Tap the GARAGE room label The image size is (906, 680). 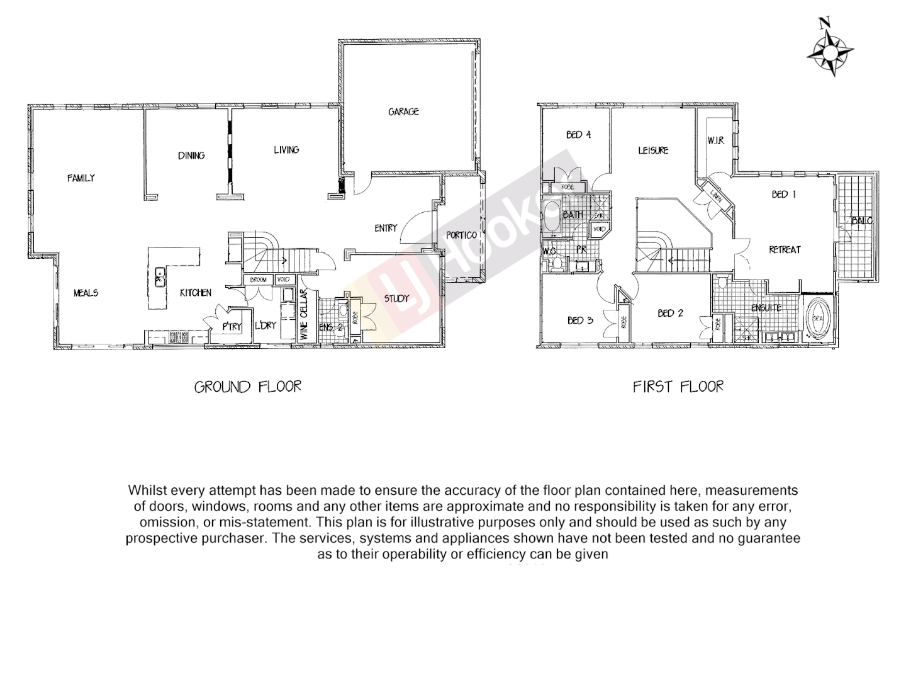(x=403, y=112)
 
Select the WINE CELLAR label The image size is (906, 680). (x=304, y=314)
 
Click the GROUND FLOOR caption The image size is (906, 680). (x=247, y=387)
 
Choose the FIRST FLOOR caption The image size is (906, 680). (x=678, y=387)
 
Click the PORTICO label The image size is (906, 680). (x=462, y=235)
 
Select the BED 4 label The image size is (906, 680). (x=578, y=135)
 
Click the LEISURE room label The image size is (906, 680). (x=653, y=150)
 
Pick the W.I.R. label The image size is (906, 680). (x=716, y=141)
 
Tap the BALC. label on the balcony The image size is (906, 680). (x=861, y=221)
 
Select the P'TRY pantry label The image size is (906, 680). (x=232, y=326)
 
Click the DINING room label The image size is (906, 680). (x=191, y=156)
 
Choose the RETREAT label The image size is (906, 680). (x=785, y=250)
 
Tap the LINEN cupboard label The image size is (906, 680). (x=715, y=197)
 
